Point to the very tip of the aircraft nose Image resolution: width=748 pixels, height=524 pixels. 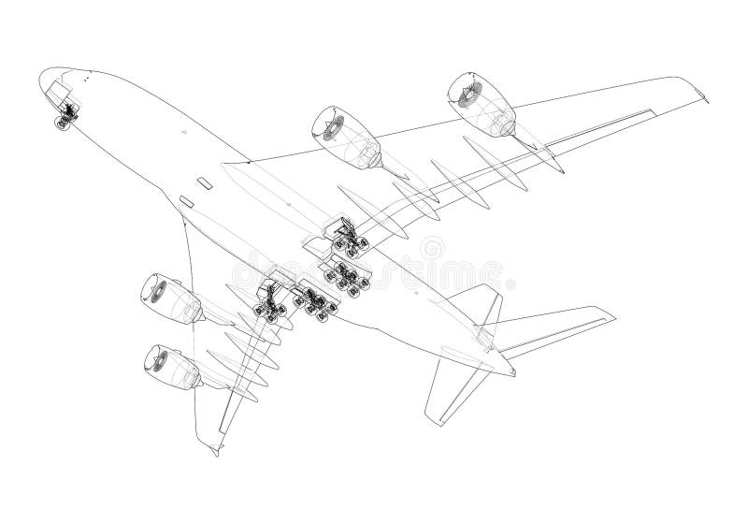pos(41,79)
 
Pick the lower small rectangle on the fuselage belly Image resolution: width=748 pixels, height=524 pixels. pos(185,201)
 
